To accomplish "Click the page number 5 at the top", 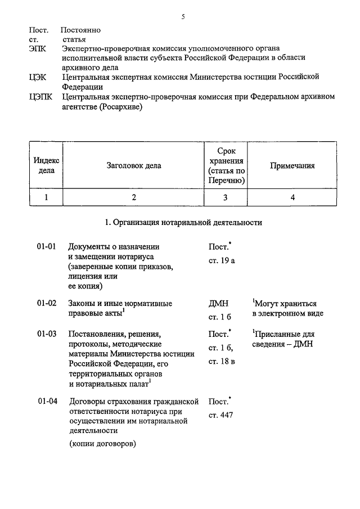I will [183, 17].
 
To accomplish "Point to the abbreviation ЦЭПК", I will [40, 97].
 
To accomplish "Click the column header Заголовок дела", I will [133, 166].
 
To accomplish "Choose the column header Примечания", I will [292, 166].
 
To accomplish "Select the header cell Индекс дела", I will [46, 166].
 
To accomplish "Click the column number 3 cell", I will [226, 197].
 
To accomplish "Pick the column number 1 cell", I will [46, 197].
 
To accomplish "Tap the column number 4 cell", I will [292, 197].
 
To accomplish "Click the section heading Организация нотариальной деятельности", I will [183, 223].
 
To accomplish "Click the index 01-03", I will [47, 334].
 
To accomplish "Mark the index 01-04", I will [47, 402].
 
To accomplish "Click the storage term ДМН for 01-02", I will [218, 304].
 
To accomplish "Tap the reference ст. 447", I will [220, 416].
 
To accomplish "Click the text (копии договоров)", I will [103, 444].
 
